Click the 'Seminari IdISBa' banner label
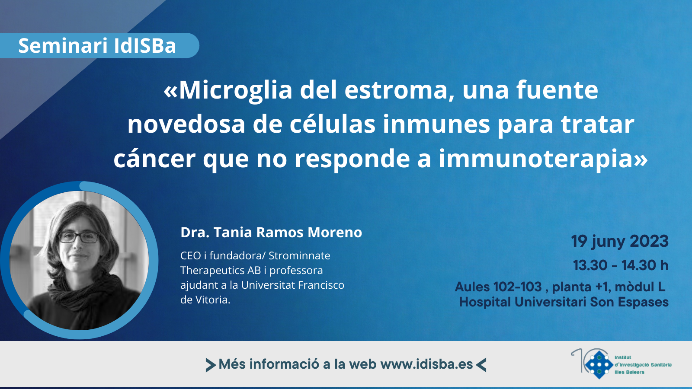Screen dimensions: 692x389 pos(97,46)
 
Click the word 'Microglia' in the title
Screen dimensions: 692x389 pos(235,90)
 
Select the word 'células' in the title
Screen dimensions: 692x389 pos(333,124)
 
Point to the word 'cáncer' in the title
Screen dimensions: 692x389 pos(154,158)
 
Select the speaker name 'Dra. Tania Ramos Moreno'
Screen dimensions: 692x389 pos(271,233)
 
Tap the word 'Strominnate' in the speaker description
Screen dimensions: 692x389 pos(299,255)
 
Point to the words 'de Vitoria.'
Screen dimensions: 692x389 pos(205,300)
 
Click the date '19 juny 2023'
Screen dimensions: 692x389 pos(620,242)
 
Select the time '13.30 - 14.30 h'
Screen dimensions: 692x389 pos(621,265)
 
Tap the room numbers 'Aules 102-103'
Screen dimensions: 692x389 pos(498,287)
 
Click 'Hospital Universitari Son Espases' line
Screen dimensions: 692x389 pos(564,302)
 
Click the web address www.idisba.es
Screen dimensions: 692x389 pos(426,364)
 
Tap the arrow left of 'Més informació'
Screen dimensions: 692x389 pos(210,365)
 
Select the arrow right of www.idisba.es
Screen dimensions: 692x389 pos(481,365)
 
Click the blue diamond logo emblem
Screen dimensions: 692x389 pos(599,365)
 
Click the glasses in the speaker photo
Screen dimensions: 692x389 pos(78,237)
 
